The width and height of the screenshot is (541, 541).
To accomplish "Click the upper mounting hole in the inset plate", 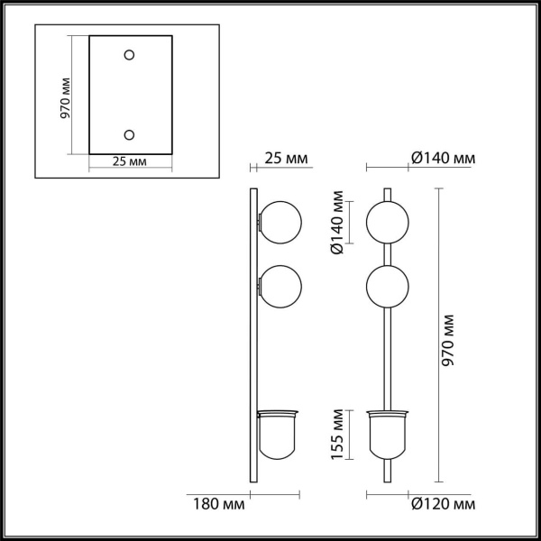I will [130, 56].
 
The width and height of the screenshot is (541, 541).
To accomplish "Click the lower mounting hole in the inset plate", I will [130, 135].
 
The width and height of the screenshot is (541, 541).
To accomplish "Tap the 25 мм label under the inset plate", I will [131, 162].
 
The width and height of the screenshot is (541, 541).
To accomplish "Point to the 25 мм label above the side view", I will [286, 159].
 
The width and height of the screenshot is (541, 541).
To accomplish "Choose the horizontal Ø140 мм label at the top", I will [442, 159].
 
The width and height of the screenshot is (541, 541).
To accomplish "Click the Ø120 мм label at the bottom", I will [442, 501].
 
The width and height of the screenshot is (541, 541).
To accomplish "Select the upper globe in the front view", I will [388, 220].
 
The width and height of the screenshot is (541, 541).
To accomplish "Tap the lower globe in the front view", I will [388, 286].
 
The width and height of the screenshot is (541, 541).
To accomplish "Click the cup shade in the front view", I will [388, 434].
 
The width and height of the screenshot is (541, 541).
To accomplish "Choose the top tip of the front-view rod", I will [388, 189].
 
